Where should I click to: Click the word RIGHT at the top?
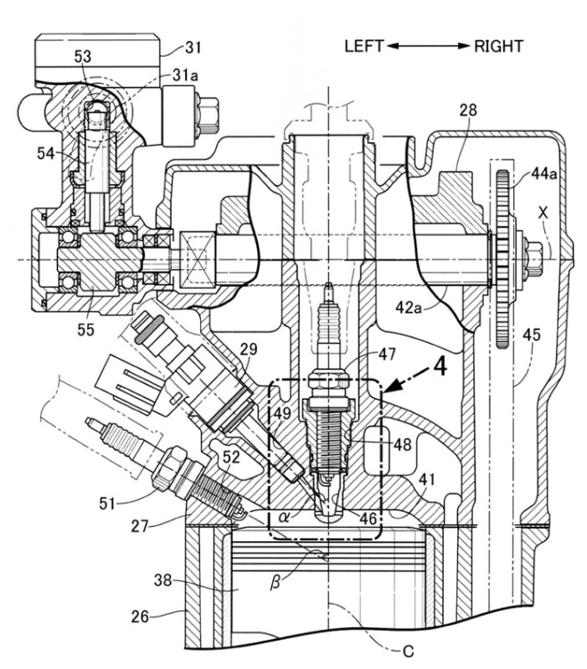500,45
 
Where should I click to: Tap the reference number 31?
194,46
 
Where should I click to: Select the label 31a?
186,77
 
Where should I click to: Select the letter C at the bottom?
408,650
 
